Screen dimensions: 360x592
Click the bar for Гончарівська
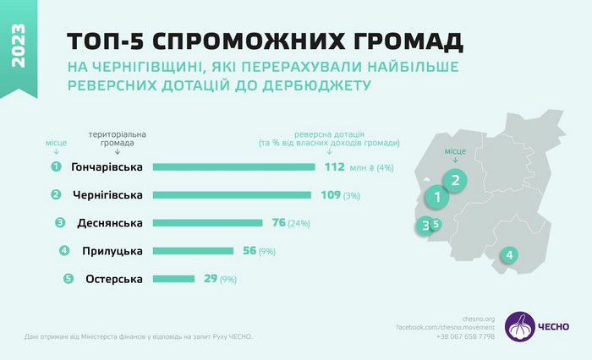pyautogui.click(x=234, y=166)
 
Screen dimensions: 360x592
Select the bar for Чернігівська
pyautogui.click(x=232, y=194)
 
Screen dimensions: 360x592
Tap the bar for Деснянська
pyautogui.click(x=207, y=223)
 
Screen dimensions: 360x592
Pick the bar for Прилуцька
pyautogui.click(x=193, y=251)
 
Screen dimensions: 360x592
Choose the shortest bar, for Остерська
pyautogui.click(x=173, y=279)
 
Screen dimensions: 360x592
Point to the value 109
pyautogui.click(x=330, y=194)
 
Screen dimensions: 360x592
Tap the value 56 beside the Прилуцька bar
pyautogui.click(x=249, y=251)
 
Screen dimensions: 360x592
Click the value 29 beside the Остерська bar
pyautogui.click(x=211, y=279)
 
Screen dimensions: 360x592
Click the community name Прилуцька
pyautogui.click(x=113, y=251)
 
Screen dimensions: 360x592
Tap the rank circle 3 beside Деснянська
pyautogui.click(x=59, y=223)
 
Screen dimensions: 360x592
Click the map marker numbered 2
pyautogui.click(x=455, y=179)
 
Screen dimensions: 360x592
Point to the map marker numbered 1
pyautogui.click(x=436, y=198)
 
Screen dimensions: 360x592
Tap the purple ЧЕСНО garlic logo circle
pyautogui.click(x=519, y=326)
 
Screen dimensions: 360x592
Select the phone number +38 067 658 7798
pyautogui.click(x=467, y=336)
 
